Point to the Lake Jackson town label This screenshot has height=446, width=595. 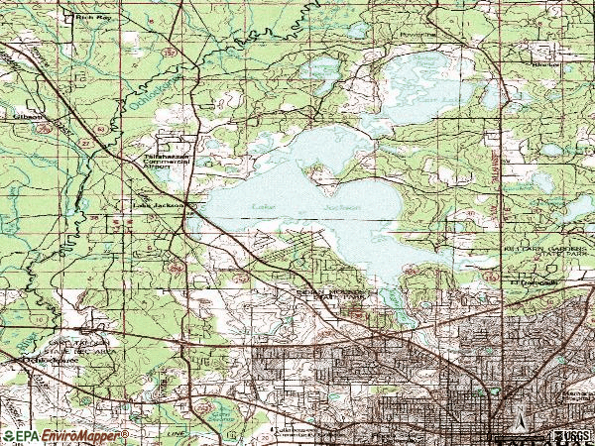pyautogui.click(x=159, y=206)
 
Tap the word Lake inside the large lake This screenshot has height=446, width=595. pyautogui.click(x=262, y=206)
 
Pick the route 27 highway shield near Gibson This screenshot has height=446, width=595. pyautogui.click(x=58, y=142)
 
